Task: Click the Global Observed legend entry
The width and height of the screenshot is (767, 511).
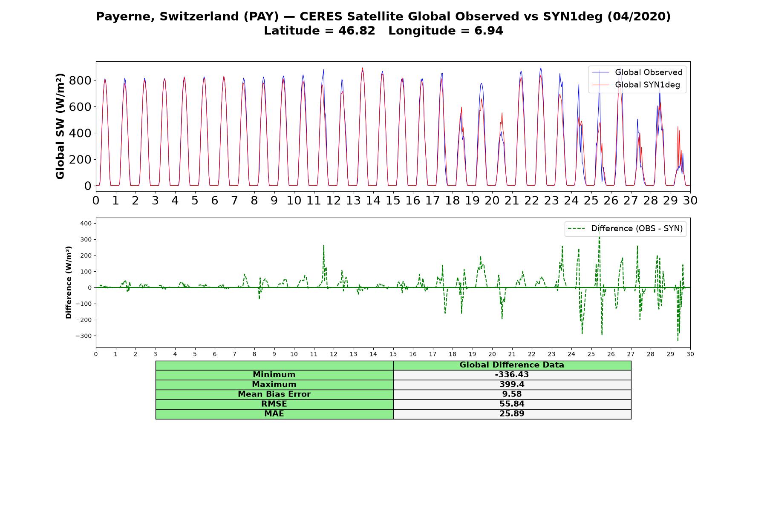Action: (637, 72)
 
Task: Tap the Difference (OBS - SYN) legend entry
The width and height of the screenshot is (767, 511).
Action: (625, 229)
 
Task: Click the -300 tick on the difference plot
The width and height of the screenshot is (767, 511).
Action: (84, 336)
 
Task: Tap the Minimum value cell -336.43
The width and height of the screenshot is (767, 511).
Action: (512, 375)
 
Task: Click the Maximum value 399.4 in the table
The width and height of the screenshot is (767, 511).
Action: (512, 385)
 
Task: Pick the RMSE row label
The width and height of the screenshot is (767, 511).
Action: (274, 404)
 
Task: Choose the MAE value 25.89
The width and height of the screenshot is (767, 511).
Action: (512, 414)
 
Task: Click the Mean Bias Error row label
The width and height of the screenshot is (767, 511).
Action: (274, 394)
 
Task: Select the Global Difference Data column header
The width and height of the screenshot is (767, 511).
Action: (512, 365)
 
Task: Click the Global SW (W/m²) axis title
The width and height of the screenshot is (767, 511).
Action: (61, 126)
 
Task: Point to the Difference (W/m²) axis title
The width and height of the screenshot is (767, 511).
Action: (69, 283)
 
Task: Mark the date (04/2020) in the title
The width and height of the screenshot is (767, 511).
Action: (639, 17)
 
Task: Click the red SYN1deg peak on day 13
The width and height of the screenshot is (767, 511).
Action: (363, 68)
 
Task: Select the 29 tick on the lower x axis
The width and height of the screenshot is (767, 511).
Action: (670, 354)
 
